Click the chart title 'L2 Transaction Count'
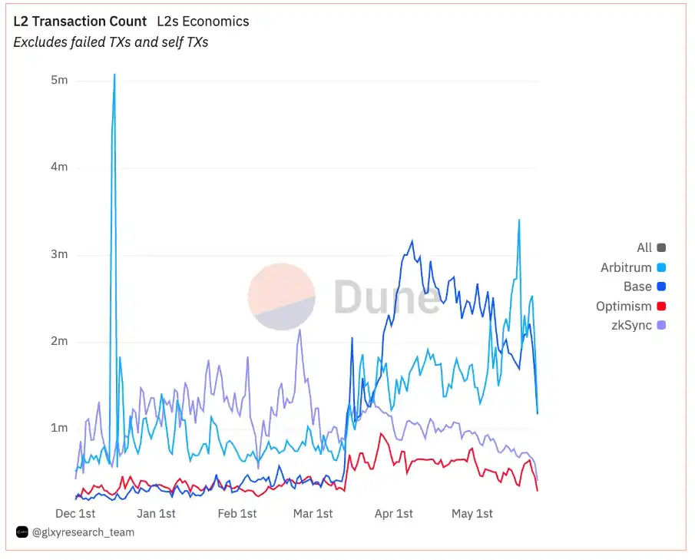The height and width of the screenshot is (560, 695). pos(80,22)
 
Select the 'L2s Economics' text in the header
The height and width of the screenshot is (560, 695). pos(203,22)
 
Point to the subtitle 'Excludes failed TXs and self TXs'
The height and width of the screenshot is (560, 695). pos(111,42)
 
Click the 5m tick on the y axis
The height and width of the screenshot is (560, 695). pos(59,80)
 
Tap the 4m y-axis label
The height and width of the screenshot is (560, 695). pos(59,167)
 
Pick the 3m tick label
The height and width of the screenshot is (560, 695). pos(59,254)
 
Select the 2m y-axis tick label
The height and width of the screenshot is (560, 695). pos(59,341)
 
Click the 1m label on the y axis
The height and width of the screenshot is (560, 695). pos(59,428)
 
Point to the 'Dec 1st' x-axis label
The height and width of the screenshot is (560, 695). pos(76,513)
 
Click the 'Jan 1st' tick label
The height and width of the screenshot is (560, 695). pos(156,513)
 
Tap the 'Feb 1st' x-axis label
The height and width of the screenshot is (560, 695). pos(237,513)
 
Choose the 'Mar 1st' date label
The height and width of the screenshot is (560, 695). pos(313,513)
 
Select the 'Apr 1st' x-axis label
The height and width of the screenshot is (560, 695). pos(393,513)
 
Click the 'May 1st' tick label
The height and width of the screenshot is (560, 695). pos(472,513)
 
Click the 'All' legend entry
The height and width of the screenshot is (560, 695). pos(644,247)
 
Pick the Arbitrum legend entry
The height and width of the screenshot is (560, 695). pos(626,267)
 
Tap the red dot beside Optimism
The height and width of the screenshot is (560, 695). pos(661,307)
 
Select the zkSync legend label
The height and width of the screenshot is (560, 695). pos(631,326)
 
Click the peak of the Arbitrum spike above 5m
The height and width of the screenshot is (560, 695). pos(114,75)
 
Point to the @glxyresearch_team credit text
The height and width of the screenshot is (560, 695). pos(83,532)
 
